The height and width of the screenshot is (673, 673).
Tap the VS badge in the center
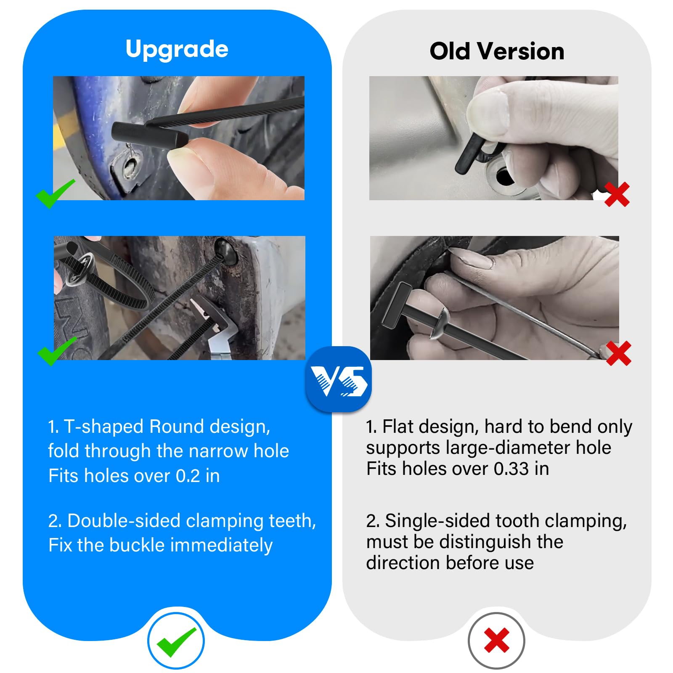339,379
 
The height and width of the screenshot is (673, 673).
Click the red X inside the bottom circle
497,641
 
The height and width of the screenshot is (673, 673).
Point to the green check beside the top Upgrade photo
56,193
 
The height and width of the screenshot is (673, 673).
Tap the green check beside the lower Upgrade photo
57,351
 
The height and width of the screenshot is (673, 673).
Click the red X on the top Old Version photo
617,194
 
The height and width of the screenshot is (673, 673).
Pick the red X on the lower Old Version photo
618,353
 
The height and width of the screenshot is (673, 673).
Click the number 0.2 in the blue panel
188,476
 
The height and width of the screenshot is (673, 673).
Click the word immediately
221,546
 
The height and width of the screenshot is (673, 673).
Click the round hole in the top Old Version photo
504,176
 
